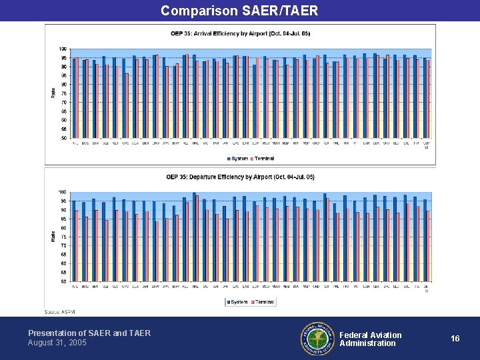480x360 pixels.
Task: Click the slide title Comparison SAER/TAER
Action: tap(239, 11)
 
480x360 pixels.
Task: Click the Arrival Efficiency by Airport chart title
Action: tap(240, 33)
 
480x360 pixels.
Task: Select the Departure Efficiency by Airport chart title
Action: tap(240, 177)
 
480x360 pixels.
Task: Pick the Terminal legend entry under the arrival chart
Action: tap(263, 159)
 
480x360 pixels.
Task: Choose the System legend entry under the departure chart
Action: tap(237, 302)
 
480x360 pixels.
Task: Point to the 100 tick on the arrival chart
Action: tap(63, 49)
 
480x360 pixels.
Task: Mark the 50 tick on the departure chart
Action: tap(63, 281)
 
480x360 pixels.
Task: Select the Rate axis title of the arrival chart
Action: tap(53, 93)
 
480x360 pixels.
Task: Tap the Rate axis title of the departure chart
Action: tap(53, 236)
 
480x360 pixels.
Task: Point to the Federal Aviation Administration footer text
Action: tap(371, 339)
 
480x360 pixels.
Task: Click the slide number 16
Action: tap(455, 339)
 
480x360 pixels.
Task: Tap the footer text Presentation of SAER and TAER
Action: tap(89, 333)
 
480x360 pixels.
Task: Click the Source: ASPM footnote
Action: tap(59, 311)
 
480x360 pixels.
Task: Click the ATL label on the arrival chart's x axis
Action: tap(75, 142)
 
